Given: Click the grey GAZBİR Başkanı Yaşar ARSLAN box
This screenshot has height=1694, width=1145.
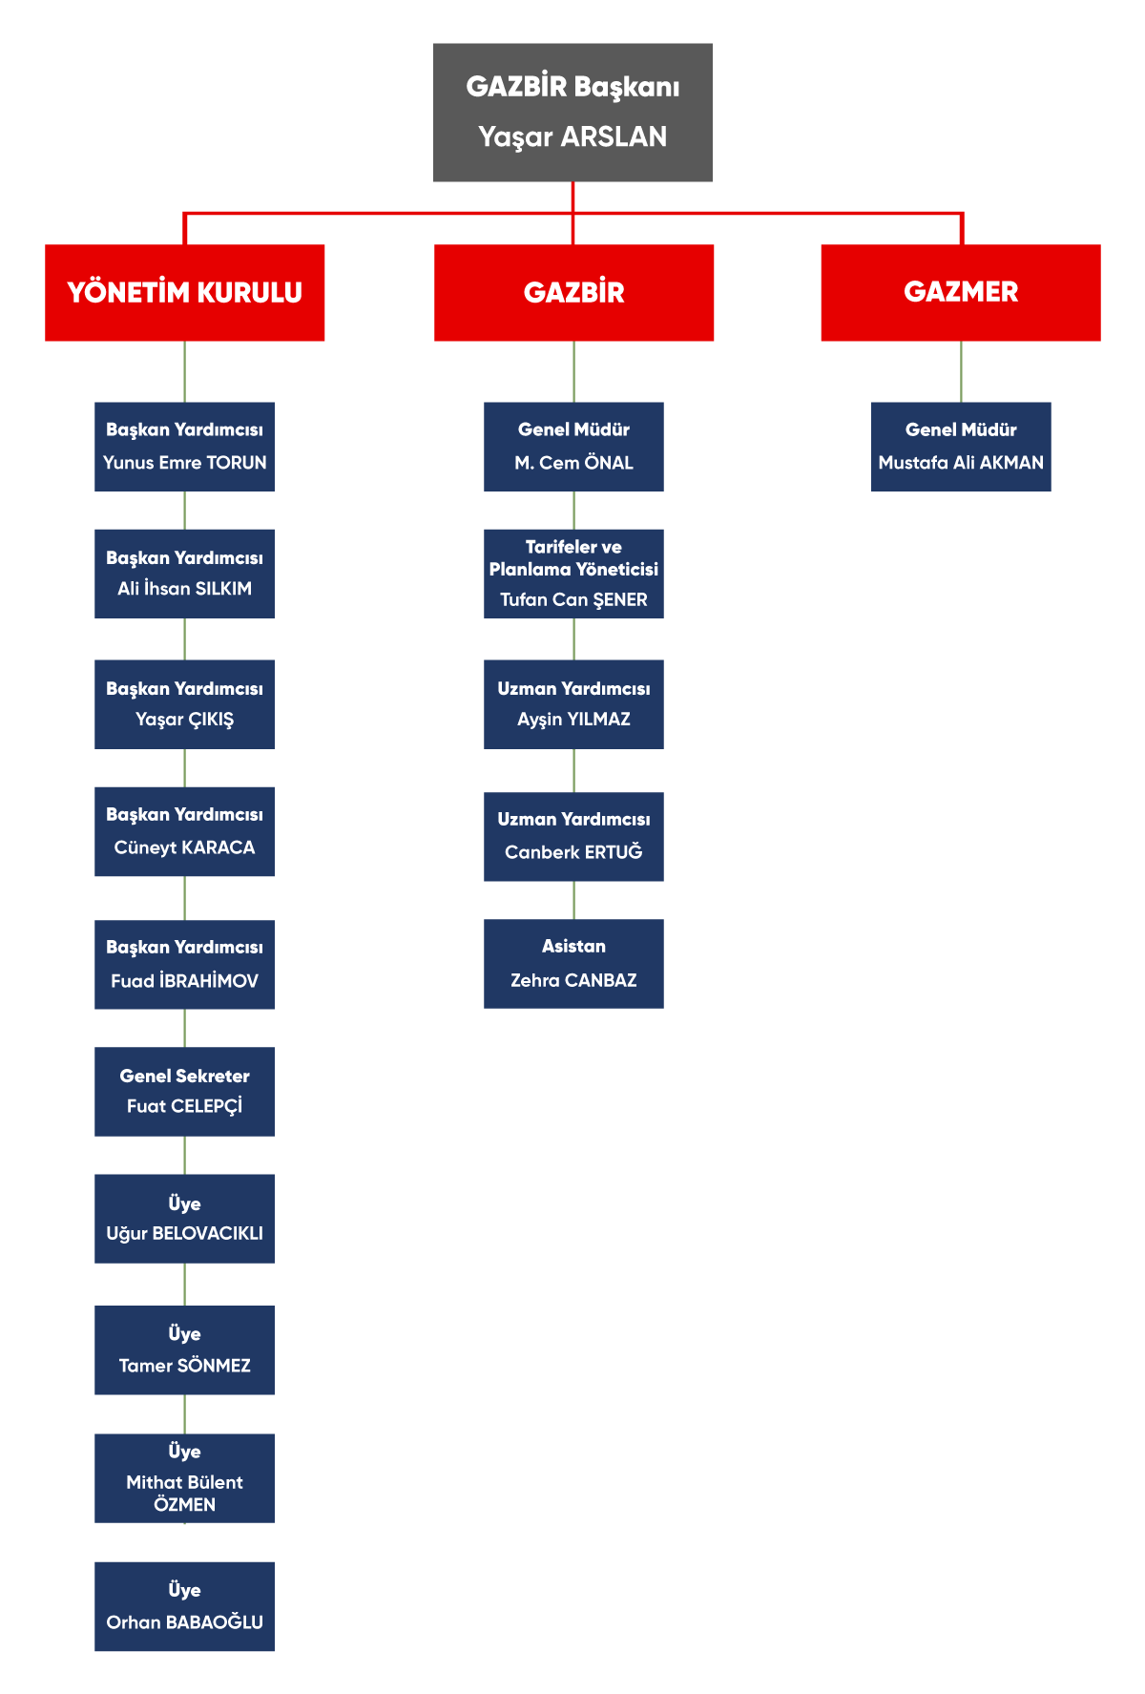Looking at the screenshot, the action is (x=572, y=113).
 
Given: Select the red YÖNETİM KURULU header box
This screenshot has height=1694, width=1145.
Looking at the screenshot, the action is (x=184, y=292).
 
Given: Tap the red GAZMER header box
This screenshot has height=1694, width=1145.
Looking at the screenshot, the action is (x=961, y=292).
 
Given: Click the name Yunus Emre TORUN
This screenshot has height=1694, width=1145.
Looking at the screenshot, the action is (x=185, y=463).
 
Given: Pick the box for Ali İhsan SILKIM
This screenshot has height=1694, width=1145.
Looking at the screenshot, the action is (x=184, y=574).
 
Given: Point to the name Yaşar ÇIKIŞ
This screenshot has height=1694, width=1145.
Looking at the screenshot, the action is (x=184, y=720).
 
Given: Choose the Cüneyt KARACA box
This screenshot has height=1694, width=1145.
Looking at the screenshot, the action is (x=184, y=831).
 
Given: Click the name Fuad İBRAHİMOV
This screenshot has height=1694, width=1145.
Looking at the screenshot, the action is (x=184, y=980).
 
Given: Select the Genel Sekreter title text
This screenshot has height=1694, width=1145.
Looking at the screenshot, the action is (x=184, y=1076).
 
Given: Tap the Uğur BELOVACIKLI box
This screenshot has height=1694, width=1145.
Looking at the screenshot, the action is (x=184, y=1219).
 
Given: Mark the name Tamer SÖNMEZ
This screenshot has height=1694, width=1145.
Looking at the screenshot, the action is (x=184, y=1366).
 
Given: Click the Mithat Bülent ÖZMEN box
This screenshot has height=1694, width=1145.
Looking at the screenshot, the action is (x=184, y=1478).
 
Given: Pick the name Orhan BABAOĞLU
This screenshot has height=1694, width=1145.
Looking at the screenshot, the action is (x=184, y=1621).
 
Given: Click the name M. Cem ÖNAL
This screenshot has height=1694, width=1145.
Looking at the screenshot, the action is (x=573, y=463).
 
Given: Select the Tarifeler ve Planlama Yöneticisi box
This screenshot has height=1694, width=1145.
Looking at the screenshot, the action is (x=573, y=574).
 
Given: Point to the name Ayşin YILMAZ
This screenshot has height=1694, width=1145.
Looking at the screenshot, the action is (x=573, y=720).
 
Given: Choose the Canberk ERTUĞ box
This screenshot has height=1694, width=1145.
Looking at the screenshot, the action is (x=573, y=837).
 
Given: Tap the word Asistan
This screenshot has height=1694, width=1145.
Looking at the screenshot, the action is (x=573, y=946).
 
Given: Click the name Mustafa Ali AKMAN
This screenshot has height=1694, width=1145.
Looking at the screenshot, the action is (x=961, y=463).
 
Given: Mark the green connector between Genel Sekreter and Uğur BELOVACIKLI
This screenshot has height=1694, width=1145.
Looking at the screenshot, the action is (x=184, y=1156).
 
